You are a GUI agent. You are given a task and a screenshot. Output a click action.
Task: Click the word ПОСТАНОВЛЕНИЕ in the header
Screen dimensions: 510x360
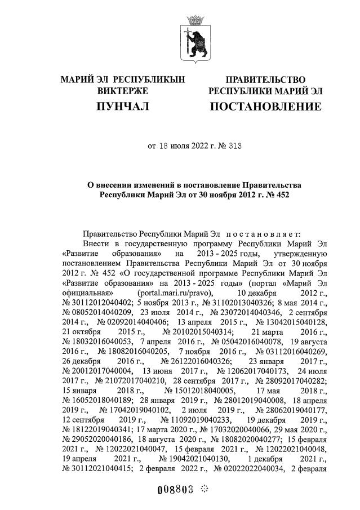(265, 106)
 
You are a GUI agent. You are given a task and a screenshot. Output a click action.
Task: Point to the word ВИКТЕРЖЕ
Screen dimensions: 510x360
(122, 90)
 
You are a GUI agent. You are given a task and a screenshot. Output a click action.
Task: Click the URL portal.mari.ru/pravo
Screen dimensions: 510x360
(175, 294)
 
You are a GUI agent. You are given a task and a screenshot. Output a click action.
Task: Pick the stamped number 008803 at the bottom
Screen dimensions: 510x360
(174, 489)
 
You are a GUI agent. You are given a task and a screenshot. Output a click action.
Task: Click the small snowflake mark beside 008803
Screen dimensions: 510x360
(205, 489)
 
